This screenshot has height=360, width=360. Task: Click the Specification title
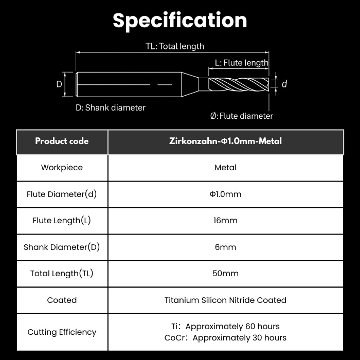pos(180,21)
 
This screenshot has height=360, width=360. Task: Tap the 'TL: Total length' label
pos(175,46)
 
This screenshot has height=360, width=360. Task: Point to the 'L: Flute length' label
pos(242,63)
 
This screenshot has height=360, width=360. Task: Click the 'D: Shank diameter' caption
pos(111,107)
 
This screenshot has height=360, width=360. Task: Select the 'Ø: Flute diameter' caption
pos(242,116)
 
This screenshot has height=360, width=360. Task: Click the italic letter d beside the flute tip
pos(284,84)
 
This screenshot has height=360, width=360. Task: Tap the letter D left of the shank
pos(59,84)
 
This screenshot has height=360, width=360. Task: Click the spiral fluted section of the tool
pos(239,84)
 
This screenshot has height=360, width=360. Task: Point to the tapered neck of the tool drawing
pos(190,84)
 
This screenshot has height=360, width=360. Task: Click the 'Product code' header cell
pos(62,141)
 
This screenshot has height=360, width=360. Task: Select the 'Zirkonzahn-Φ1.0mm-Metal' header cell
pos(225,141)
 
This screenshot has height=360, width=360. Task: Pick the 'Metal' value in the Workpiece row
pos(225,168)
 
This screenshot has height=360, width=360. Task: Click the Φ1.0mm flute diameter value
pos(225,194)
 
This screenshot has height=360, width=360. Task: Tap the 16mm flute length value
pos(225,221)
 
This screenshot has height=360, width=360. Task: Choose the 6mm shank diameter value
pos(225,247)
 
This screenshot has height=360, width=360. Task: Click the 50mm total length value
pos(225,274)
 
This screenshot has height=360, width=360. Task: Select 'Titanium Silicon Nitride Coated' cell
pos(225,300)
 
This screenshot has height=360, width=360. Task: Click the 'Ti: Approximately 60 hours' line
pos(225,327)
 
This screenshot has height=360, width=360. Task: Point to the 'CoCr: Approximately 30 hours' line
pos(225,338)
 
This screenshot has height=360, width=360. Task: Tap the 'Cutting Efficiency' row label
pos(62,332)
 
